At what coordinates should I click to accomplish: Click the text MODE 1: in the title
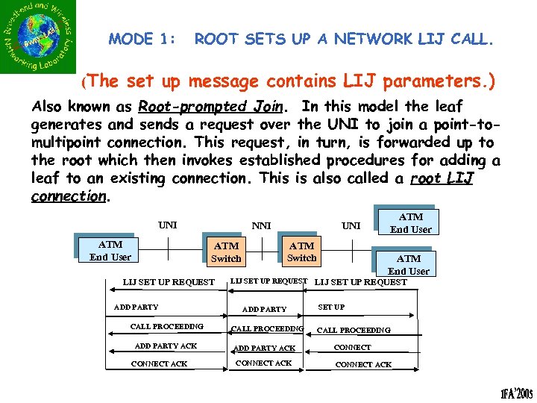click(x=142, y=39)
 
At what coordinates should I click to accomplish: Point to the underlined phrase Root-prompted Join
click(x=207, y=107)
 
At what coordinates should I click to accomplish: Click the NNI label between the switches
click(x=261, y=225)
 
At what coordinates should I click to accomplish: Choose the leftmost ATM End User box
click(x=110, y=250)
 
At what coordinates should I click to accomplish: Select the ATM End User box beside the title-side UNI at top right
click(x=410, y=223)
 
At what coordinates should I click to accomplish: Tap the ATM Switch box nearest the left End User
click(x=226, y=252)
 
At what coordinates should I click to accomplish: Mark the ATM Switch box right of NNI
click(x=301, y=251)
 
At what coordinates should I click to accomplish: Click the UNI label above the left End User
click(x=167, y=224)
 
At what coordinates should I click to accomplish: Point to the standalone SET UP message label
click(x=331, y=307)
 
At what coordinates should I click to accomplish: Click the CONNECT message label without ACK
click(x=353, y=347)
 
